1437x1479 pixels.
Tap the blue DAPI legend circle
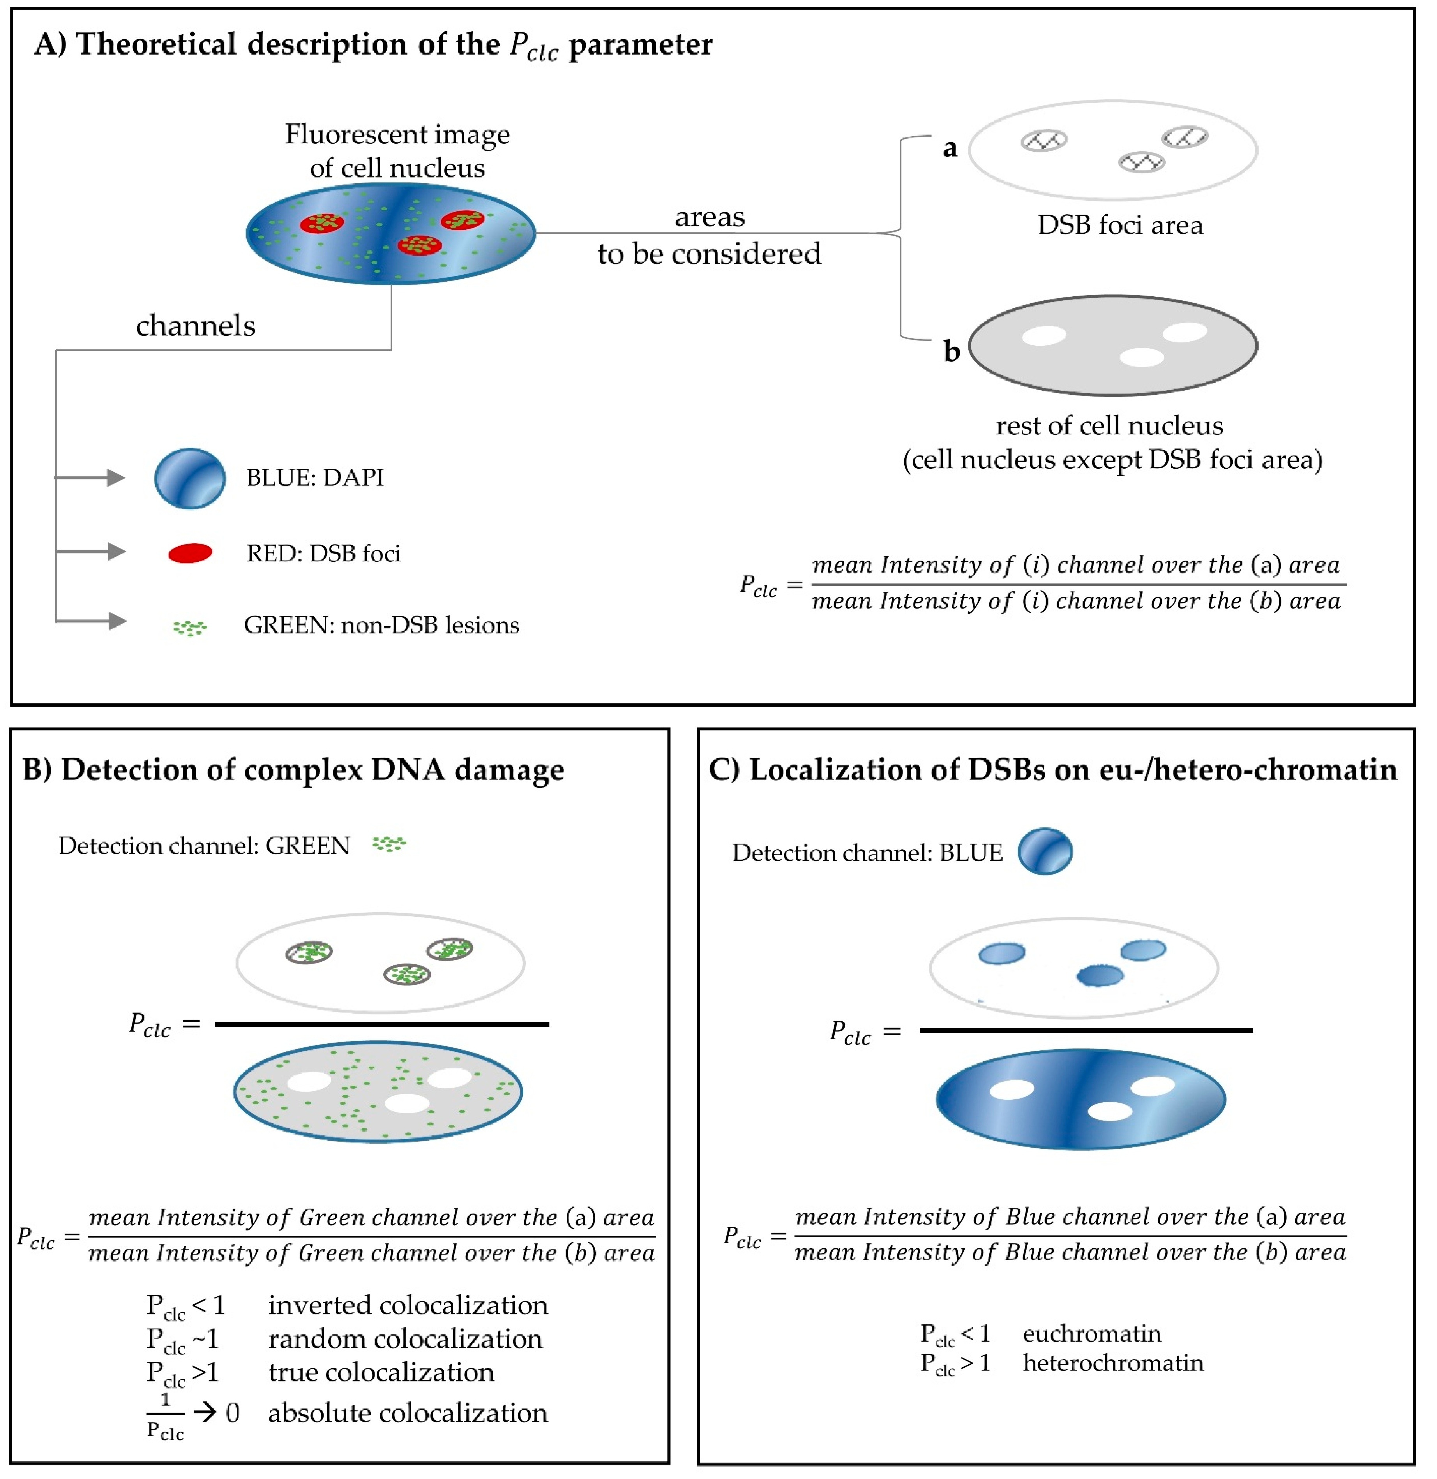click(x=190, y=478)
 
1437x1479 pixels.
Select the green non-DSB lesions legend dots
click(x=190, y=627)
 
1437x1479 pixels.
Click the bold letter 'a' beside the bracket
click(x=950, y=148)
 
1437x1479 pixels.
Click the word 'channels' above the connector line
click(x=196, y=325)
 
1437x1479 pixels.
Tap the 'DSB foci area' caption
click(x=1120, y=225)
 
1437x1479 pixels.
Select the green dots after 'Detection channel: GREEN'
click(x=389, y=844)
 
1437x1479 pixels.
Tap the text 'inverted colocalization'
click(x=408, y=1304)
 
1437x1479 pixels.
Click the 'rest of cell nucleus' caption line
click(x=1109, y=427)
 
